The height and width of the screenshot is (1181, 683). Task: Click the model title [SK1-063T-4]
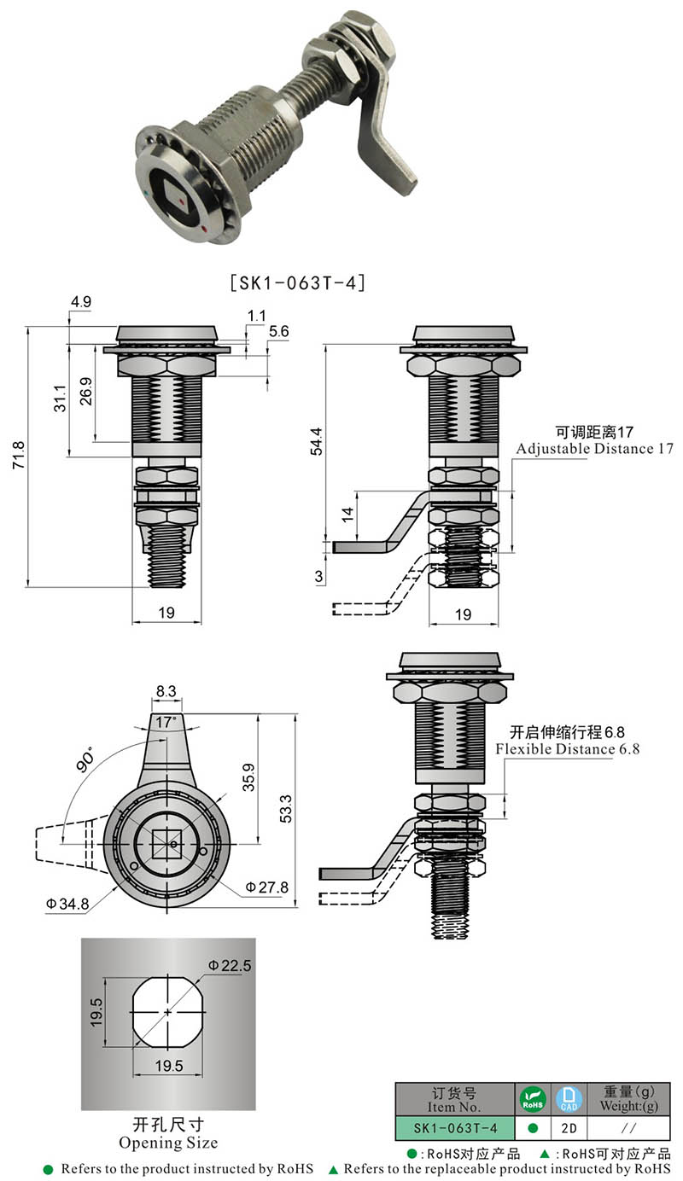click(297, 283)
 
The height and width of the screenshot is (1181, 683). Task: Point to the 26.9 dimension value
click(86, 393)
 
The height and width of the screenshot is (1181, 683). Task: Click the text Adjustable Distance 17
click(594, 449)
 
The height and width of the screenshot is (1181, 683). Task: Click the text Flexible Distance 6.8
click(568, 749)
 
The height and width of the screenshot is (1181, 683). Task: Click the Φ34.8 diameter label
click(67, 904)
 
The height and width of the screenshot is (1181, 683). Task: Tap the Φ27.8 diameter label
click(266, 887)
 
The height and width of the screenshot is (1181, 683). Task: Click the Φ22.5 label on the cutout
click(229, 965)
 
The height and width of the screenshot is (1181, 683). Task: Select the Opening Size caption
click(167, 1143)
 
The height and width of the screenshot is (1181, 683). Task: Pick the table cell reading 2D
click(568, 1127)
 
